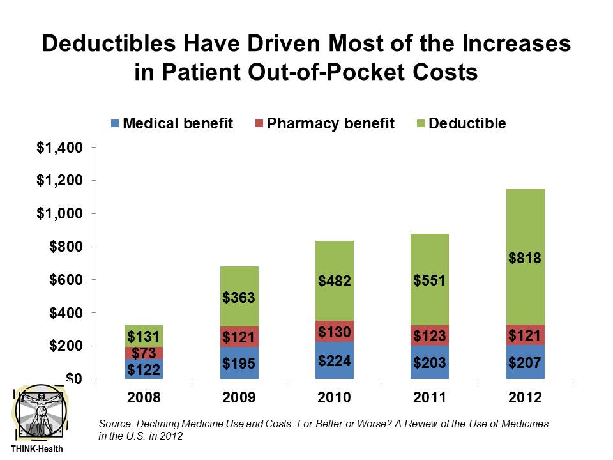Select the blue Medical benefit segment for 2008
tap(143, 369)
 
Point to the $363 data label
tap(239, 298)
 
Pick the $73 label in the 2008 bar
tap(143, 353)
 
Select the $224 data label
tap(335, 362)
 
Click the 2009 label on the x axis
tap(239, 397)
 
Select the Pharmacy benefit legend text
tap(330, 123)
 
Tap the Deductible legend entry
tap(467, 123)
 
